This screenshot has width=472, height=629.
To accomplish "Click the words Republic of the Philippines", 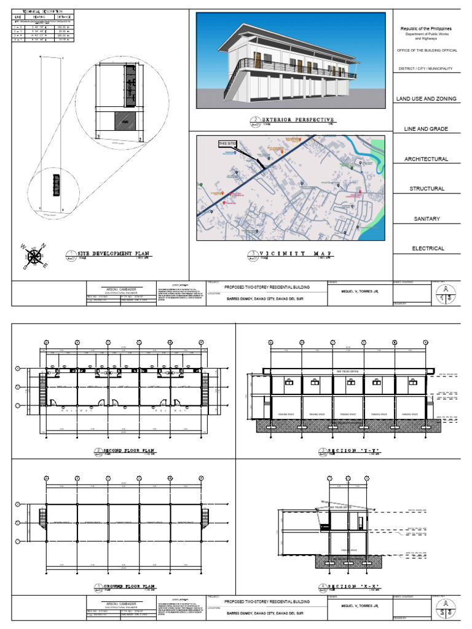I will pos(426,29).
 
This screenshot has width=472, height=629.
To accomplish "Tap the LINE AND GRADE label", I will pos(426,129).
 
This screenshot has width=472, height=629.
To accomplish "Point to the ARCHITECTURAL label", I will pos(426,159).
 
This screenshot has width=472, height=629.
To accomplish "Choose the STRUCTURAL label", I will pos(427,189).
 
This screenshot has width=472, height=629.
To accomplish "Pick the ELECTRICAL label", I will pos(427,249).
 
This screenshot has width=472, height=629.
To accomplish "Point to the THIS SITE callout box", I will pos(227,144).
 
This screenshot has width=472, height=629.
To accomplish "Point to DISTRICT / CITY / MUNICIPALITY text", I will pos(426,69).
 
